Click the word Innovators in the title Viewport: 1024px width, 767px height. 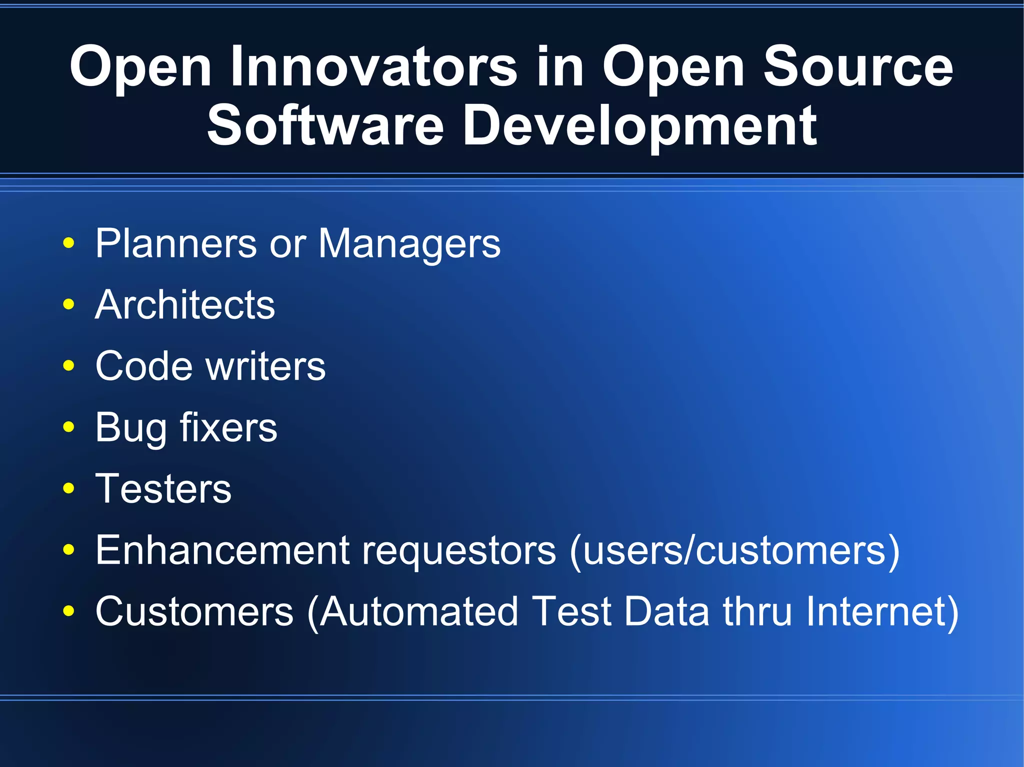pyautogui.click(x=373, y=67)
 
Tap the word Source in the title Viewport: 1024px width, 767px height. pyautogui.click(x=858, y=67)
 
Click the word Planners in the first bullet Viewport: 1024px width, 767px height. pyautogui.click(x=176, y=244)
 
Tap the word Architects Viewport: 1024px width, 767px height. pyautogui.click(x=185, y=305)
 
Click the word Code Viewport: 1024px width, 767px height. pyautogui.click(x=144, y=366)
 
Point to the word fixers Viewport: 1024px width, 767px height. pyautogui.click(x=228, y=428)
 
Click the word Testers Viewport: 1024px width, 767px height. pyautogui.click(x=163, y=489)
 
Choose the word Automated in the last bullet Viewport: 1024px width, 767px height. pyautogui.click(x=418, y=612)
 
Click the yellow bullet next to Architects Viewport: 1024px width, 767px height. pyautogui.click(x=69, y=304)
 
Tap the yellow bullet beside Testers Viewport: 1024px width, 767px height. pyautogui.click(x=69, y=488)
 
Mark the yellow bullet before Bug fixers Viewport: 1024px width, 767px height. pyautogui.click(x=69, y=427)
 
